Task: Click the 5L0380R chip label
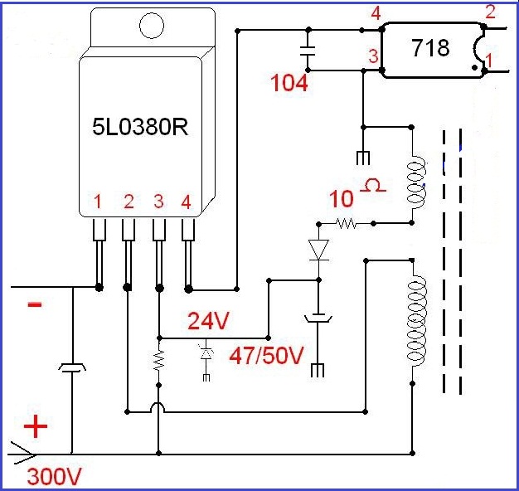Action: pyautogui.click(x=140, y=127)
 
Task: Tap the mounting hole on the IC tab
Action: pyautogui.click(x=152, y=26)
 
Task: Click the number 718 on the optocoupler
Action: pyautogui.click(x=430, y=47)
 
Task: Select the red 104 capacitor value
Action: pyautogui.click(x=289, y=83)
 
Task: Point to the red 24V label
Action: pyautogui.click(x=208, y=321)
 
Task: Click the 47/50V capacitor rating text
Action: pyautogui.click(x=266, y=356)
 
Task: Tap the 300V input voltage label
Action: pyautogui.click(x=54, y=477)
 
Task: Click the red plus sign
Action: pyautogui.click(x=36, y=426)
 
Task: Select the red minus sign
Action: pyautogui.click(x=35, y=304)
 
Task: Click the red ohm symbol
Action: pyautogui.click(x=373, y=186)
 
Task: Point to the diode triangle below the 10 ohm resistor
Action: pyautogui.click(x=318, y=250)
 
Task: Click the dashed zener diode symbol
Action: pyautogui.click(x=206, y=353)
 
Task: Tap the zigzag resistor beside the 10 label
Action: pyautogui.click(x=346, y=223)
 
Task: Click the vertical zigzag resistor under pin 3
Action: pyautogui.click(x=159, y=360)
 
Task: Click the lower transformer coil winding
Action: pyautogui.click(x=416, y=320)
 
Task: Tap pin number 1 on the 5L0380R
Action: pyautogui.click(x=97, y=202)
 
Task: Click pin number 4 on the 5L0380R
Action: pyautogui.click(x=186, y=202)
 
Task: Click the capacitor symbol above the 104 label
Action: pyautogui.click(x=308, y=51)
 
